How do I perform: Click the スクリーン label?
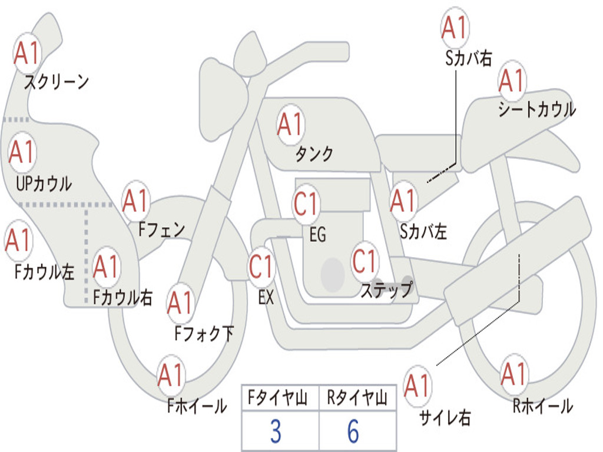[x=57, y=82]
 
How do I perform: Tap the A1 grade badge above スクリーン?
[x=27, y=52]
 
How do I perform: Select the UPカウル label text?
[x=44, y=184]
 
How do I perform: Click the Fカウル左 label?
[x=44, y=271]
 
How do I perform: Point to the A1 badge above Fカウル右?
[x=106, y=267]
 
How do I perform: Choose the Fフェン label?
[x=162, y=230]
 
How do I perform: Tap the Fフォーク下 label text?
[x=204, y=333]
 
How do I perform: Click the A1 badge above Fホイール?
[x=170, y=375]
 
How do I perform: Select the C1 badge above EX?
[x=261, y=266]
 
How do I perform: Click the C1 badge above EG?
[x=306, y=203]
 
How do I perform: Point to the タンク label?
[x=314, y=154]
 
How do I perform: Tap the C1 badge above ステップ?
[x=365, y=261]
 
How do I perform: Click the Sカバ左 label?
[x=423, y=231]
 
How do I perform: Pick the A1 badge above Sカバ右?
[x=455, y=28]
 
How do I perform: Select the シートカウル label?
[x=537, y=109]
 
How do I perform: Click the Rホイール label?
[x=542, y=406]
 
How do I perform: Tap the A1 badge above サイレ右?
[x=418, y=385]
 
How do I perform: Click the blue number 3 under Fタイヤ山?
[x=276, y=431]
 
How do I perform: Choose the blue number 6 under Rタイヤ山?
[x=353, y=431]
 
